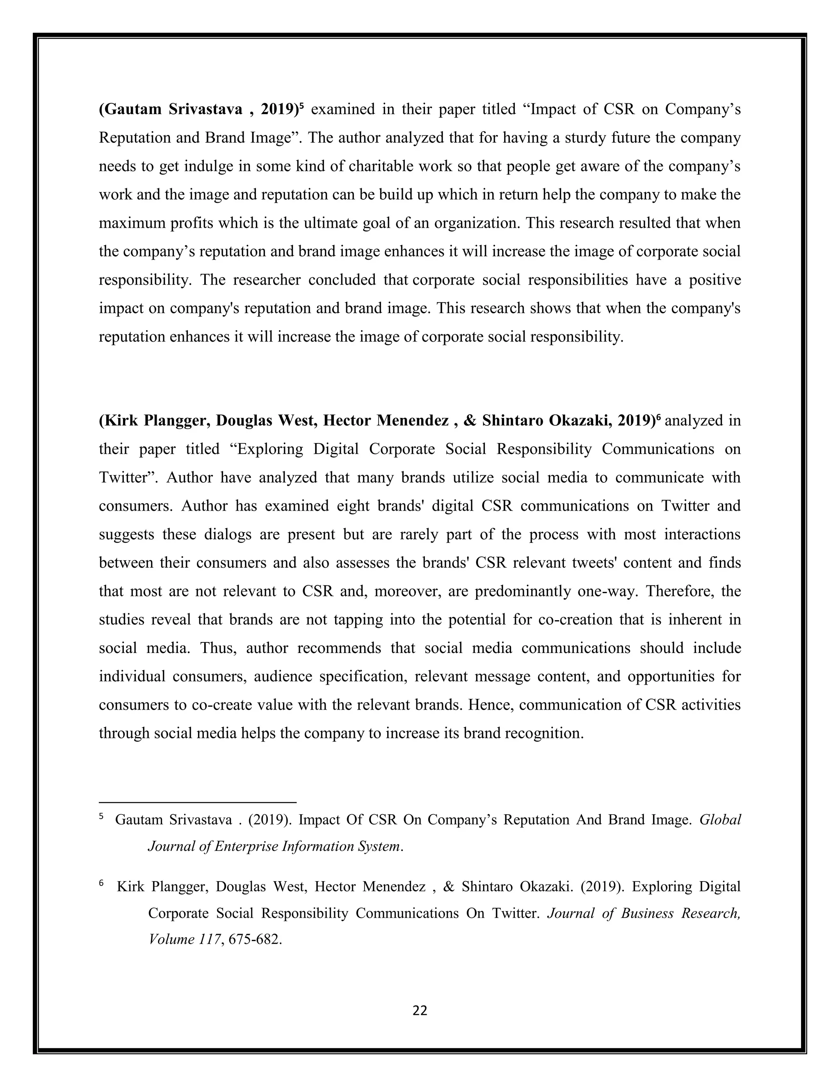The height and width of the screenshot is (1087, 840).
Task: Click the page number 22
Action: (420, 1010)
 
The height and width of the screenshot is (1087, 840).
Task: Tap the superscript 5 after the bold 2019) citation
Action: (301, 105)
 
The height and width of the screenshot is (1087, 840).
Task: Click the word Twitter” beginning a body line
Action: (128, 477)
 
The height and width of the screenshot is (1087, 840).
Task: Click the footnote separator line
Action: (198, 802)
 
